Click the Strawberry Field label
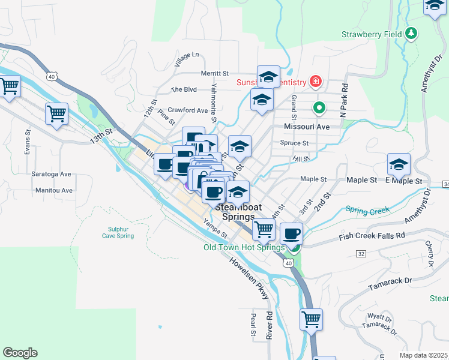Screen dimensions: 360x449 (372, 34)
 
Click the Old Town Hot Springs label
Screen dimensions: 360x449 (244, 247)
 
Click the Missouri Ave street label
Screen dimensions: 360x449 (307, 127)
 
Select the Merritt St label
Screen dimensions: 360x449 (215, 73)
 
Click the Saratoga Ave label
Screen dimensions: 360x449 (51, 174)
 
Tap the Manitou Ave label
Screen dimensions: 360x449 (54, 190)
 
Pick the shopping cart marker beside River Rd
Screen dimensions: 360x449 (311, 320)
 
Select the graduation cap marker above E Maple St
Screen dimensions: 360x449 (399, 164)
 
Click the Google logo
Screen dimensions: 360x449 (20, 353)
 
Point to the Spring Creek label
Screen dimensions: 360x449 (367, 210)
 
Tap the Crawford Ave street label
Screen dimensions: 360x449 (188, 110)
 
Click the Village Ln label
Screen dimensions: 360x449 (186, 59)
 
